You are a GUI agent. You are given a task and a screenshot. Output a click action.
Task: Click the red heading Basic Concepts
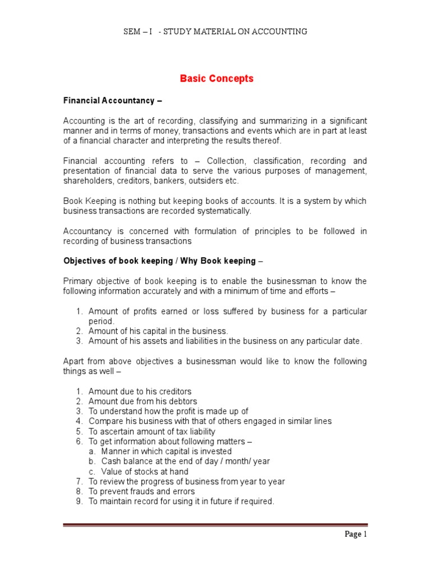tap(216, 79)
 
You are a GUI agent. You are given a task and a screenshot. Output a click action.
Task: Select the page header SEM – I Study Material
tap(215, 31)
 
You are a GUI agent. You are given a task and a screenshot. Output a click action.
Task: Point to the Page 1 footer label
tap(355, 534)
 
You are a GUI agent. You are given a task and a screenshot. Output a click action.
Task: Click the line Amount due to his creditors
tap(140, 391)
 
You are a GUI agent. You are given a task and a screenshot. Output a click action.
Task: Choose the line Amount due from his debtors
tap(143, 401)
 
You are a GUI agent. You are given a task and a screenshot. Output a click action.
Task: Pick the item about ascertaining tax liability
tap(152, 431)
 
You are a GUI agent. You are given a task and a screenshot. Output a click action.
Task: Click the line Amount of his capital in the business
tap(158, 331)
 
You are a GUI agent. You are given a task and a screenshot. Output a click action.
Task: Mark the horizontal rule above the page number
tap(215, 525)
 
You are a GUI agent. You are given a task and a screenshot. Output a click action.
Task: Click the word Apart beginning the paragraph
tap(74, 361)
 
